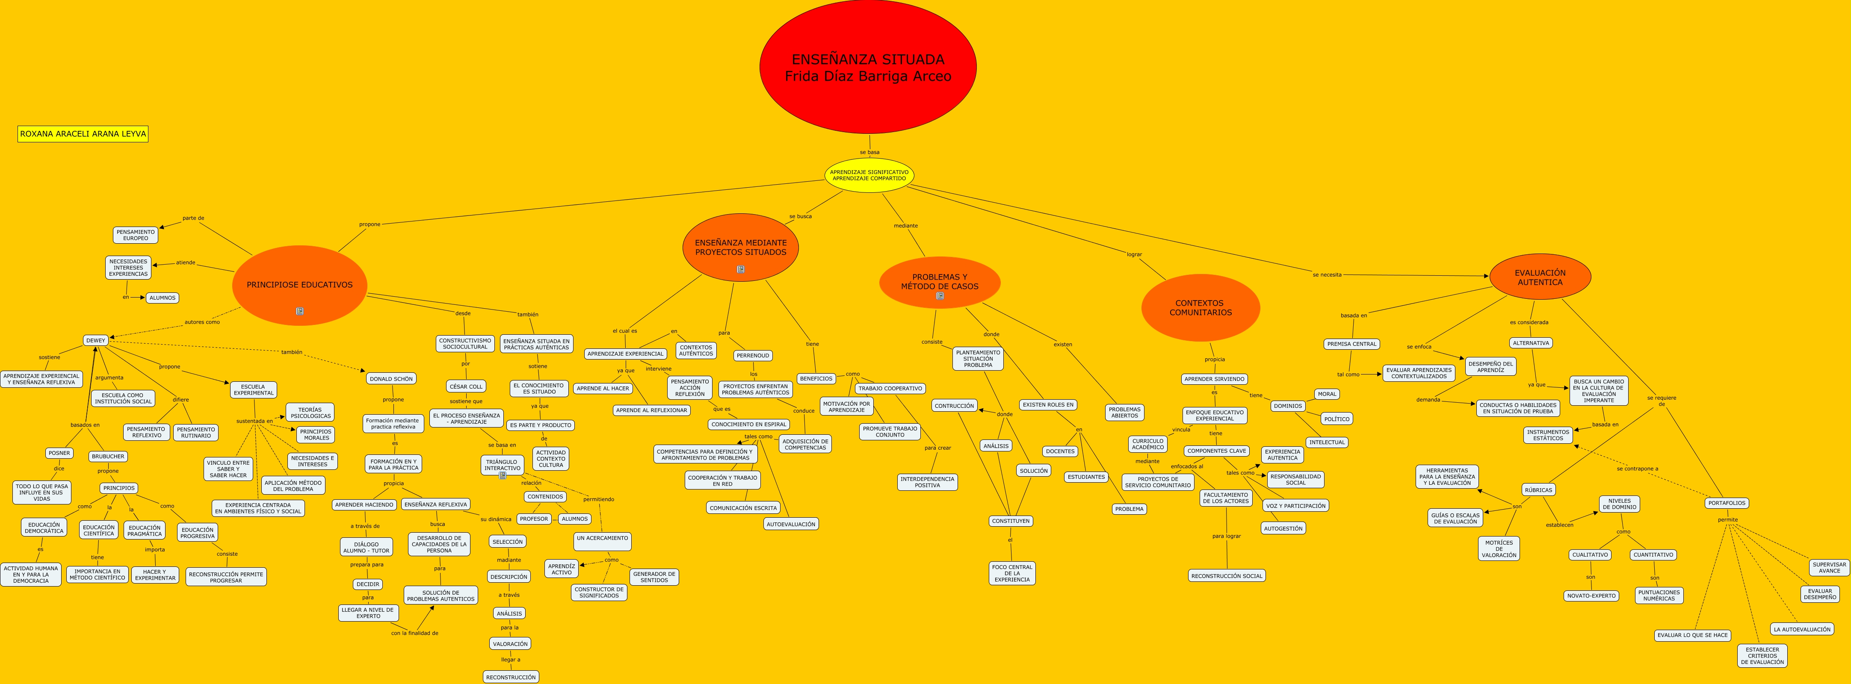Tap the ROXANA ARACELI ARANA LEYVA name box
click(83, 134)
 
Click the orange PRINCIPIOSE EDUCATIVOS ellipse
click(300, 285)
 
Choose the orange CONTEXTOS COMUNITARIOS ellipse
click(1200, 307)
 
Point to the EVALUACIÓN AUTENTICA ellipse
click(1540, 277)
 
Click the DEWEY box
click(95, 341)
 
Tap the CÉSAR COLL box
click(466, 386)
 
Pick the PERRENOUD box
click(752, 356)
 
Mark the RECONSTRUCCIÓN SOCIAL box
click(1227, 575)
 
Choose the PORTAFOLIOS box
click(1727, 503)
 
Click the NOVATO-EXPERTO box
click(1591, 596)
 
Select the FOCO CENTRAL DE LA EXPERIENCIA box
click(1012, 572)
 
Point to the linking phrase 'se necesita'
click(1327, 274)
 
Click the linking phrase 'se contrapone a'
click(1637, 469)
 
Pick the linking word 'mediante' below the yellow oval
click(905, 226)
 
